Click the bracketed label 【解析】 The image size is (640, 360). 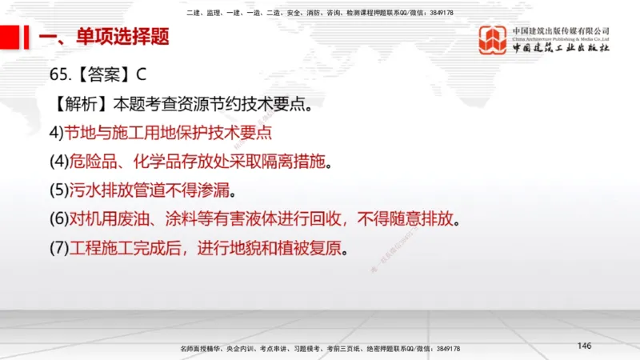[80, 104]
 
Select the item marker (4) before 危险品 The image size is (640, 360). [60, 162]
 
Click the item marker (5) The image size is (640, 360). [60, 190]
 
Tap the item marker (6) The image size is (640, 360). [60, 219]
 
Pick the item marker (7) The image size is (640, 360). [60, 248]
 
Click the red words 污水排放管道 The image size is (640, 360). [112, 190]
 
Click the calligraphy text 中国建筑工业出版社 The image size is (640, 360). [561, 49]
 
